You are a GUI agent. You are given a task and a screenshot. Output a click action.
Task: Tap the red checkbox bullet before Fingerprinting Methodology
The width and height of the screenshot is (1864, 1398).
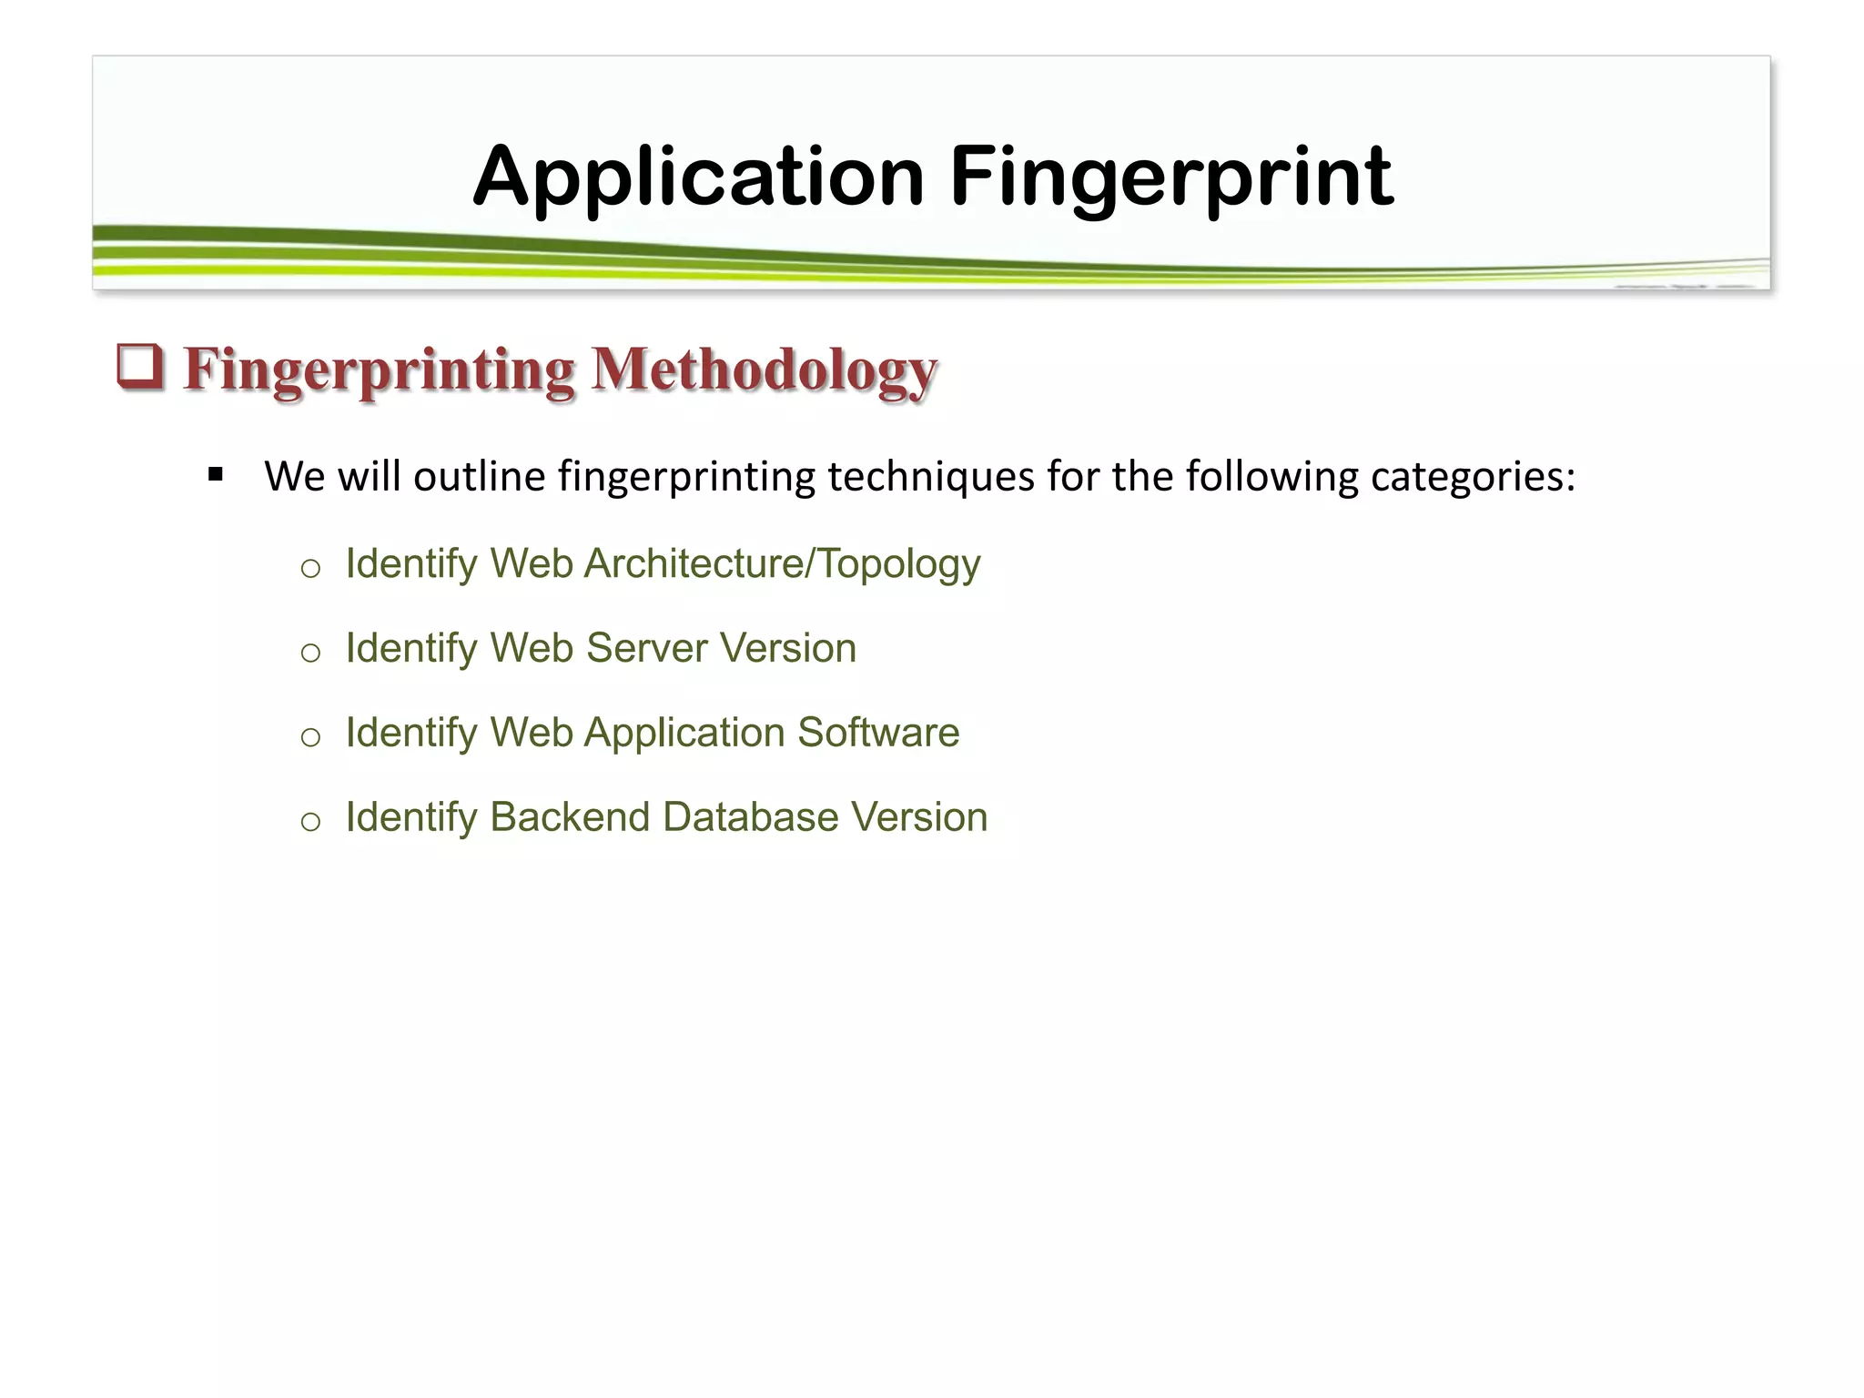[140, 367]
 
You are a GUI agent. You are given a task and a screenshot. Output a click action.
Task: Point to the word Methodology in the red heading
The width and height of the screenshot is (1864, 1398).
[764, 371]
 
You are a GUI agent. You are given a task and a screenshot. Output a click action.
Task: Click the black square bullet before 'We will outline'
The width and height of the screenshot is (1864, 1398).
[216, 474]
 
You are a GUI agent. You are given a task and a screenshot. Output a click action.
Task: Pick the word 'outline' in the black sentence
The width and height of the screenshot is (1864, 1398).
[479, 476]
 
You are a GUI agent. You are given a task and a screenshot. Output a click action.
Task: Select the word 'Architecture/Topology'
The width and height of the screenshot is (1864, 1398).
[782, 563]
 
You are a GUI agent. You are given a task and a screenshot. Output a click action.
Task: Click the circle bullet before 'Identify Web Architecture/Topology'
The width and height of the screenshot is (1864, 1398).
[310, 569]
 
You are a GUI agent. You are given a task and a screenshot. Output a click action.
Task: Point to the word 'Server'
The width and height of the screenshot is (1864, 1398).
[646, 648]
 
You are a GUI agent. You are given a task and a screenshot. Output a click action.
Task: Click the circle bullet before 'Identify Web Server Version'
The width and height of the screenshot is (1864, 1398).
[310, 653]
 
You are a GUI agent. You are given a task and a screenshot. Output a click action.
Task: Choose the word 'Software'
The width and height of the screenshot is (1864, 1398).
[878, 733]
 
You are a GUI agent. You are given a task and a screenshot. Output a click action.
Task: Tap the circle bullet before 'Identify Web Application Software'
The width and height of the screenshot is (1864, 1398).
[310, 737]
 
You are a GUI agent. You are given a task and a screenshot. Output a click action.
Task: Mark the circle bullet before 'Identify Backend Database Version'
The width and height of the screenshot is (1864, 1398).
[310, 822]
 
